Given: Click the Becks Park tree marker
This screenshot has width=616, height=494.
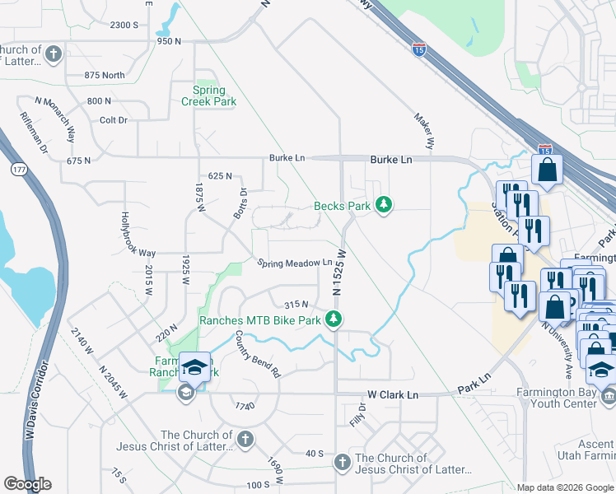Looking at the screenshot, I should (x=383, y=204).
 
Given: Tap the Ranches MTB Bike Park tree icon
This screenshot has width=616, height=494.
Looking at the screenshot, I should (x=334, y=319).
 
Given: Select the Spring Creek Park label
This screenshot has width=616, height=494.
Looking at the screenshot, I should (x=209, y=96).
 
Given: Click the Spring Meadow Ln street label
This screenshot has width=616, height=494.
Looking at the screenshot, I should (x=294, y=263).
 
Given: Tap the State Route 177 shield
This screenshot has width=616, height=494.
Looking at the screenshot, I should (x=17, y=168).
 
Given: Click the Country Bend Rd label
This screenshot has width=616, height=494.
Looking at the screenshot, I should (x=258, y=354).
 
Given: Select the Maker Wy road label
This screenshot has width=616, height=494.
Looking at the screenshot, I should (x=423, y=130).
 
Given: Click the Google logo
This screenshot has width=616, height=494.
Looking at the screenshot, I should (x=27, y=484).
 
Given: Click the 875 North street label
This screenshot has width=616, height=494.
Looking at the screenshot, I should (x=105, y=76).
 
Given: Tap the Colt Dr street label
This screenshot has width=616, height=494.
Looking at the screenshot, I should (x=114, y=120).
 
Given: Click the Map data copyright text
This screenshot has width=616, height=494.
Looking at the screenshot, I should (x=564, y=487).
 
